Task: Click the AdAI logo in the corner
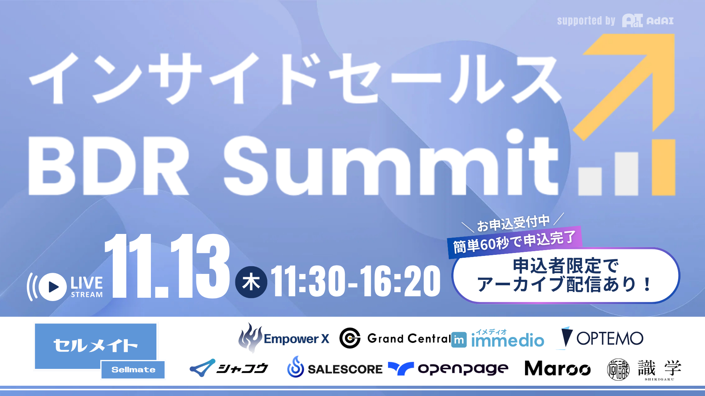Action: pos(648,21)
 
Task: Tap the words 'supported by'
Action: pos(586,21)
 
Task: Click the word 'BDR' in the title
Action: pos(109,166)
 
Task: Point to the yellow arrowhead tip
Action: pos(674,34)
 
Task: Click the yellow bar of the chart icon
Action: pos(664,167)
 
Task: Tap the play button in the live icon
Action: pos(53,287)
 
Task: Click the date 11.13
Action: pos(167,266)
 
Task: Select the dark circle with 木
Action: pos(251,282)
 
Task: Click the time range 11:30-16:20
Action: pos(355,281)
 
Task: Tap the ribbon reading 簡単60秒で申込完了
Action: pos(514,242)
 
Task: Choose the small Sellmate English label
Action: pos(133,370)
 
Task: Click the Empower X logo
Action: pos(284,338)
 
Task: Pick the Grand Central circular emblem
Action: pos(350,338)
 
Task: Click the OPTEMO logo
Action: pos(602,338)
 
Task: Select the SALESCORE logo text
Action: pos(345,369)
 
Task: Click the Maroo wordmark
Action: pos(557,368)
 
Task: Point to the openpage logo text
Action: pos(463,368)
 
